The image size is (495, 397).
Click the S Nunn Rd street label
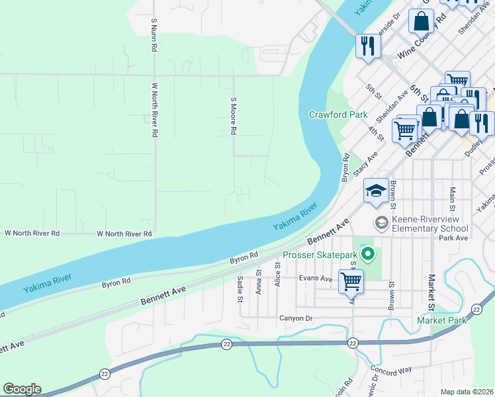point(154,35)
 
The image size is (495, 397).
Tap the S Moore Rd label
point(233,116)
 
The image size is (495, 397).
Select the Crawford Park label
point(338,114)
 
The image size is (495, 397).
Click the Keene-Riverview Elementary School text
point(431,224)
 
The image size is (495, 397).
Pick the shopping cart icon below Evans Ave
point(351,281)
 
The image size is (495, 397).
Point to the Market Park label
point(441,321)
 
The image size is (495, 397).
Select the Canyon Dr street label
point(294,318)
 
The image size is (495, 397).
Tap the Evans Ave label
point(315,279)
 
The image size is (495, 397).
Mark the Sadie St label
point(240,289)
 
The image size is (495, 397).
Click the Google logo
point(22,389)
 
